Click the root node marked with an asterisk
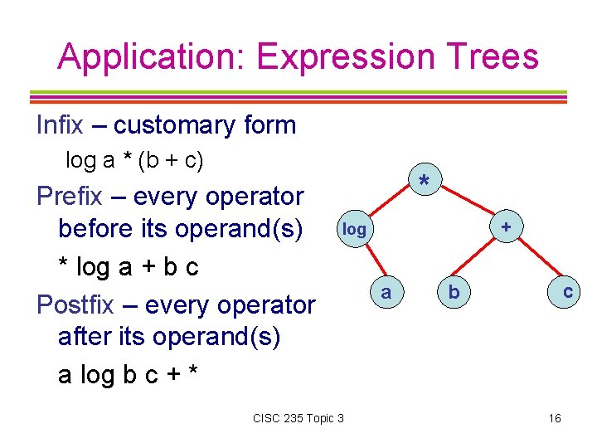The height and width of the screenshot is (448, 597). click(425, 180)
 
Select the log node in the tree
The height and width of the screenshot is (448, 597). click(354, 229)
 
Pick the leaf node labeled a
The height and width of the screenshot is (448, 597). click(386, 291)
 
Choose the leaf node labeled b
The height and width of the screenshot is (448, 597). click(453, 291)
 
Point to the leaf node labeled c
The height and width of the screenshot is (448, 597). click(567, 291)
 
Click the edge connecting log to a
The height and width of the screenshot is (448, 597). click(370, 261)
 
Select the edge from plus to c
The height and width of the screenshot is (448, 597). click(537, 261)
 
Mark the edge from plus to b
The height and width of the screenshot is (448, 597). click(479, 260)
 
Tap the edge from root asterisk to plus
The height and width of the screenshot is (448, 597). click(465, 204)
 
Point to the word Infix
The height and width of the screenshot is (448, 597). click(60, 125)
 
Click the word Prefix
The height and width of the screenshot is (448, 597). click(70, 197)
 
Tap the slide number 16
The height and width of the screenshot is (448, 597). click(555, 418)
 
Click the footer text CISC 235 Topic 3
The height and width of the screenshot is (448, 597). click(298, 418)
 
